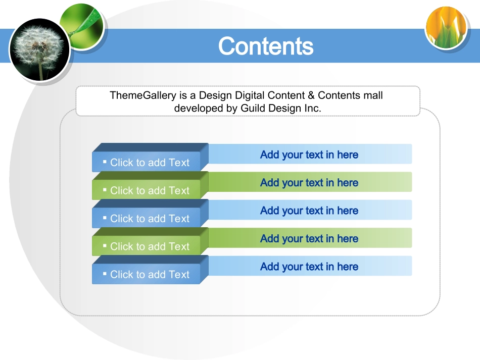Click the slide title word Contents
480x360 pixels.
click(x=266, y=46)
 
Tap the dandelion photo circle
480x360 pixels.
click(x=39, y=49)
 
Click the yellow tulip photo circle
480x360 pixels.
click(x=446, y=28)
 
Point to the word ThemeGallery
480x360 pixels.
click(x=143, y=95)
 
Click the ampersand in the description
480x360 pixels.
click(x=311, y=95)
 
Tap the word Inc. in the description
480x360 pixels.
click(x=313, y=108)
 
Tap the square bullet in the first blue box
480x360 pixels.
click(x=105, y=162)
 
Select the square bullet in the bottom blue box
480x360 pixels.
click(x=105, y=274)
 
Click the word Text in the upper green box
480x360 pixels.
click(x=179, y=190)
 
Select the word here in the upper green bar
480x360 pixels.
click(x=348, y=183)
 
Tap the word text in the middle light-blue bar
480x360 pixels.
click(x=314, y=211)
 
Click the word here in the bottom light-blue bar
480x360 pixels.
click(x=348, y=267)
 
